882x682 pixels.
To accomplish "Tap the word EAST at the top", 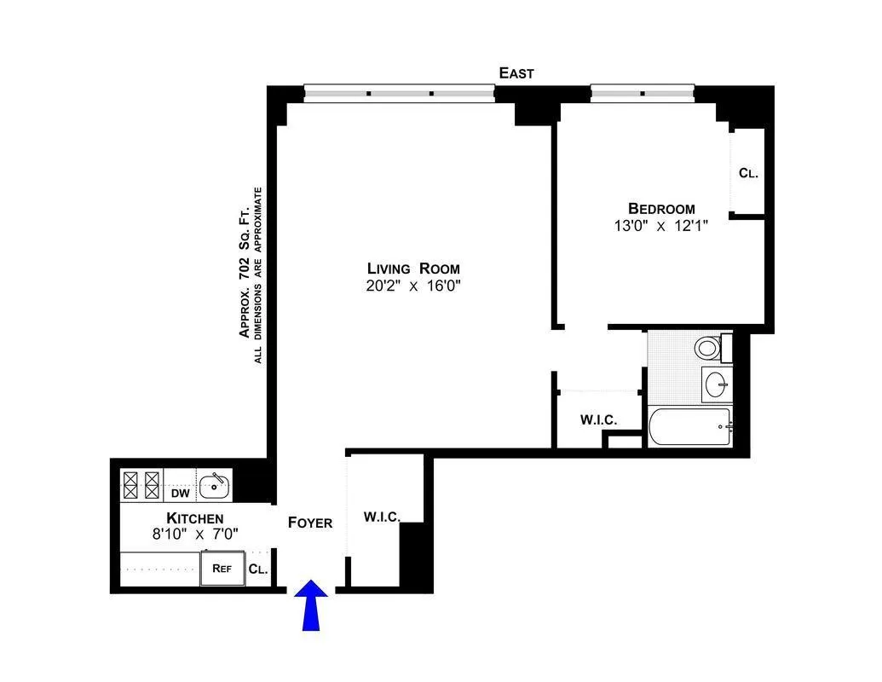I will (516, 73).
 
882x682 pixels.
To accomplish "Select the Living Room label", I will (413, 269).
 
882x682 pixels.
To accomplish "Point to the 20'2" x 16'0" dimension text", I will (413, 287).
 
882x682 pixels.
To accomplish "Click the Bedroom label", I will (661, 208).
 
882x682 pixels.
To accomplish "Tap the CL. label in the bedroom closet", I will (748, 173).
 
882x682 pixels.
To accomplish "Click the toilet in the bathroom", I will (706, 348).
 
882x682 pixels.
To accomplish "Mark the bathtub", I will (689, 426).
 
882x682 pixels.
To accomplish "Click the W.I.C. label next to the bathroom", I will (598, 420).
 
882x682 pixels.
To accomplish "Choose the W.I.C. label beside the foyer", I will (382, 517).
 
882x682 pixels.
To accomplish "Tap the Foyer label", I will (309, 523).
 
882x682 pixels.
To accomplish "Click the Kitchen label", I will (195, 518).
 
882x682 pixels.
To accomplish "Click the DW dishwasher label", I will (180, 493).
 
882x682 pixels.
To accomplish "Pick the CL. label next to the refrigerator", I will (257, 569).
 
